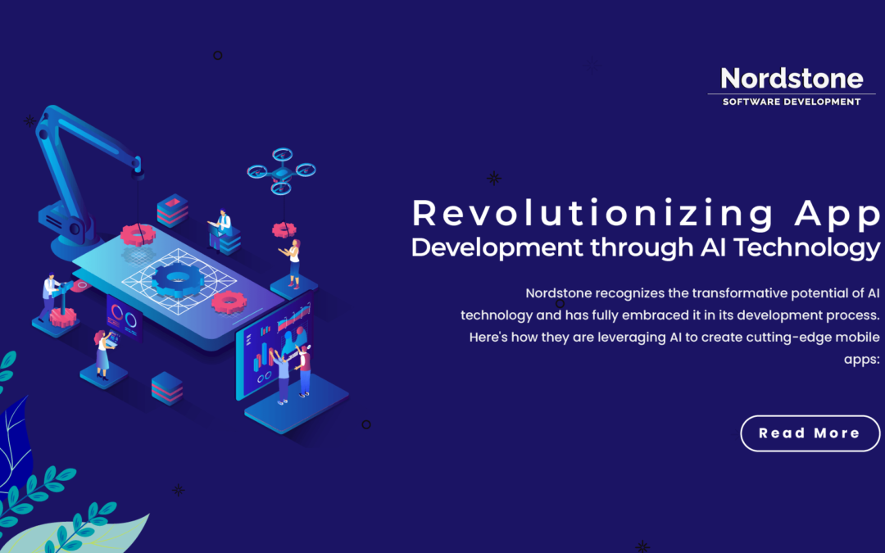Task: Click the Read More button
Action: pos(810,433)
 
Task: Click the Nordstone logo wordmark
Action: pos(792,79)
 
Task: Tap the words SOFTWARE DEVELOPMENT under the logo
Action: pos(792,102)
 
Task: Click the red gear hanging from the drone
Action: pos(284,230)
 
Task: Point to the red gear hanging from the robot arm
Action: pos(138,235)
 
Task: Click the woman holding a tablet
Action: pos(102,352)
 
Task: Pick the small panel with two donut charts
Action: pos(124,316)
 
